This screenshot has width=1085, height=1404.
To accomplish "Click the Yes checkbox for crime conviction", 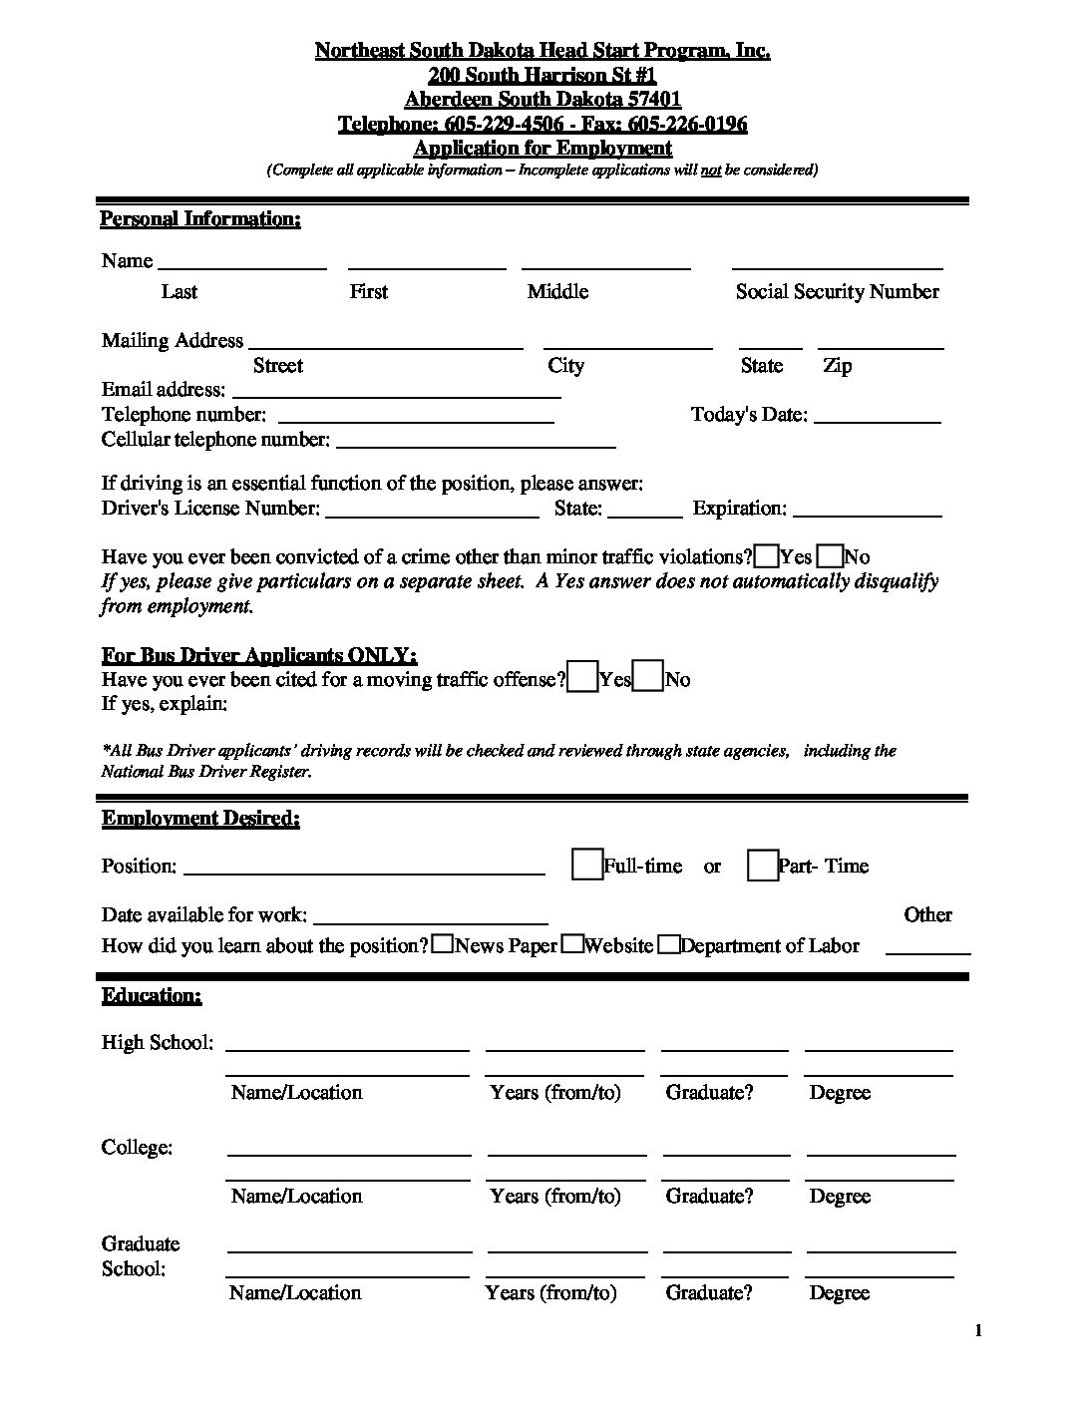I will coord(767,556).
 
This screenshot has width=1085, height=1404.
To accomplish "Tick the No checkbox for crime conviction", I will coord(830,556).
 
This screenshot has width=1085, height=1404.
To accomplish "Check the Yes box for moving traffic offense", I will coord(583,677).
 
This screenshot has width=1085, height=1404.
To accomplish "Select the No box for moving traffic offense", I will coord(649,677).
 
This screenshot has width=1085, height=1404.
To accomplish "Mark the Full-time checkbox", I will coord(587,865).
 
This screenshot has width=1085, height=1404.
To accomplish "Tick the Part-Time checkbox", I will coord(763,865).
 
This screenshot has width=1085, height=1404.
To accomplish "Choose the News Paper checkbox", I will coord(443,944).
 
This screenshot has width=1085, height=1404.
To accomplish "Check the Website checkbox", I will coord(572,944).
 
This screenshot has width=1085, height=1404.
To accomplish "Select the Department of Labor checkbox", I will coord(669,944).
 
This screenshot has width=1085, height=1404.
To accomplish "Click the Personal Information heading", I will coord(200,219).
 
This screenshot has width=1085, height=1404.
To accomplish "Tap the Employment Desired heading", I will coord(200,819).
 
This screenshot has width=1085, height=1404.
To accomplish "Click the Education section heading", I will coord(152,996).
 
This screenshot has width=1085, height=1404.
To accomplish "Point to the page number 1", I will coord(978,1331).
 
